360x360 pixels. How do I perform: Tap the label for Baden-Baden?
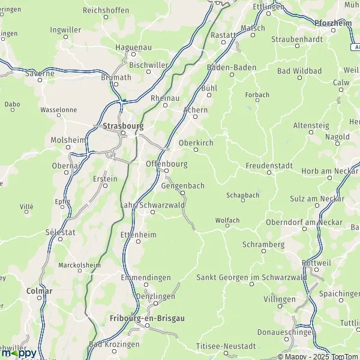[230, 67]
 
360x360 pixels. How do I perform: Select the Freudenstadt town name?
[268, 165]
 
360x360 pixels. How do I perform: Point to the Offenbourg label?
[167, 164]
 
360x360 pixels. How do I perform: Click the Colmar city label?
[40, 291]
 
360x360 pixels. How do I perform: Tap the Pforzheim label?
[332, 22]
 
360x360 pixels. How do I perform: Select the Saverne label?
[40, 73]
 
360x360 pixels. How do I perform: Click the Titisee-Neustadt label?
[226, 346]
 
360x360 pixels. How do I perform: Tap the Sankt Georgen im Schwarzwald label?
[251, 277]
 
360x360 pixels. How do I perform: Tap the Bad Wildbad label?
[299, 71]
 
